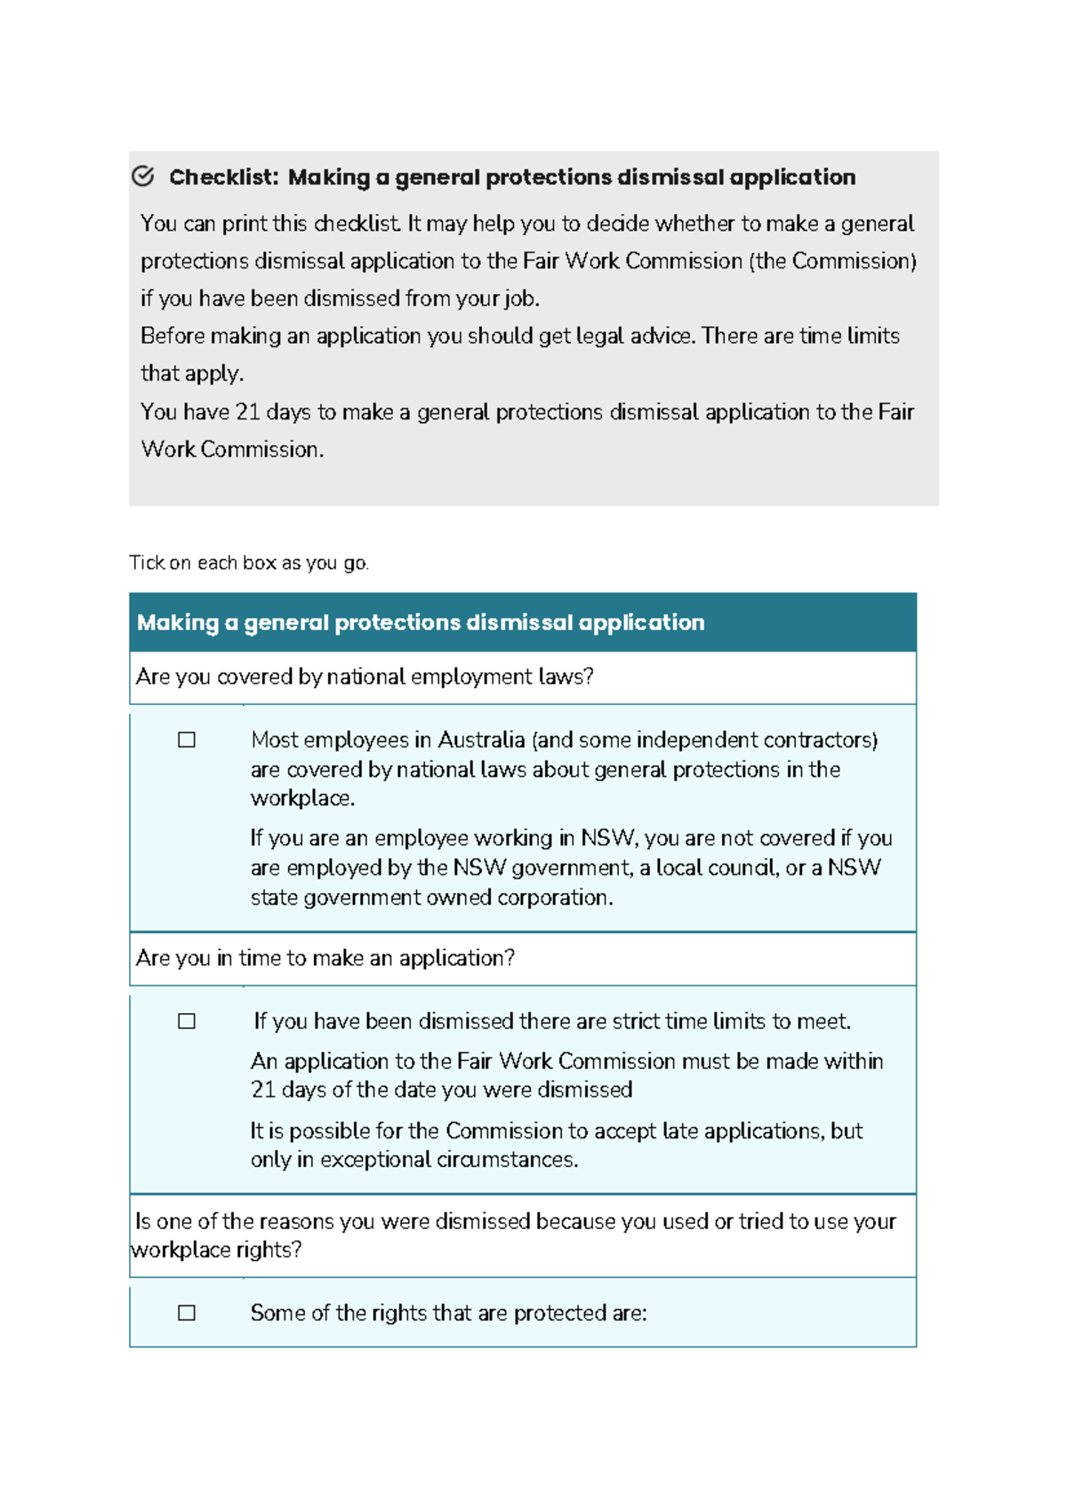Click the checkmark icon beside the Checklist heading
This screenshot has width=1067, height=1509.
[x=143, y=176]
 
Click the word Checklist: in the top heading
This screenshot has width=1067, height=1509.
[x=224, y=178]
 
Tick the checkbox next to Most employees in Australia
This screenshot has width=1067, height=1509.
[x=187, y=740]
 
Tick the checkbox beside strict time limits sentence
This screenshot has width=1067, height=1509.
[x=187, y=1021]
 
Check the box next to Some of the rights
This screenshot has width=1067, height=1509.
[x=187, y=1313]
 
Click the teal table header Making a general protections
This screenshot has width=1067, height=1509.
[x=421, y=622]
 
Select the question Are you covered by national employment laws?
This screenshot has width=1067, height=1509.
[x=365, y=677]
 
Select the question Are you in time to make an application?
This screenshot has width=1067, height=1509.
[x=325, y=958]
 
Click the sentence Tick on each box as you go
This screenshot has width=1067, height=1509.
[x=249, y=563]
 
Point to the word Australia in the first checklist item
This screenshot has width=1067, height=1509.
[x=481, y=740]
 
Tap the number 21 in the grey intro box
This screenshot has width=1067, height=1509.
[x=247, y=412]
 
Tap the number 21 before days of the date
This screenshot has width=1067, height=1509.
[x=263, y=1090]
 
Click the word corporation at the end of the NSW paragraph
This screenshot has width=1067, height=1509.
[x=554, y=898]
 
